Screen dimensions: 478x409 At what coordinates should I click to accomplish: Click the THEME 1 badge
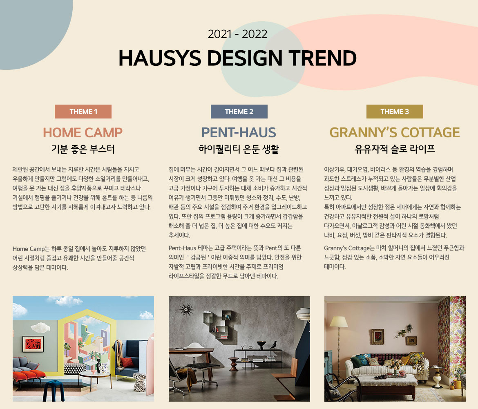tap(83, 112)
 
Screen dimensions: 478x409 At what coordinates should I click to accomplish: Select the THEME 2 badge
tap(239, 112)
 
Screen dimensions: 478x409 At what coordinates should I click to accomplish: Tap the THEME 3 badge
tap(395, 112)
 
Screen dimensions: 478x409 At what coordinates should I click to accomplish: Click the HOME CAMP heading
tap(83, 132)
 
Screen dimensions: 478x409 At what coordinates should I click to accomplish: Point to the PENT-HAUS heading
tap(239, 132)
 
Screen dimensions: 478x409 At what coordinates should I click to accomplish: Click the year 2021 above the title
tap(219, 34)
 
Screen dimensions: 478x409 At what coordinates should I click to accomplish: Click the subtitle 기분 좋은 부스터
tap(83, 149)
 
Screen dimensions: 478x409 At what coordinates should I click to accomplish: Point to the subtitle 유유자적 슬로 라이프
tap(395, 149)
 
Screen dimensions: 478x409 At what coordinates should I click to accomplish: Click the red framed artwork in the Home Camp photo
tap(33, 344)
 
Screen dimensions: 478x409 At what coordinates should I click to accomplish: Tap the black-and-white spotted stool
tap(140, 382)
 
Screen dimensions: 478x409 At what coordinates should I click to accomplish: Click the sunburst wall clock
tap(186, 310)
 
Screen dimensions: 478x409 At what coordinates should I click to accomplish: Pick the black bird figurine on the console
tap(273, 345)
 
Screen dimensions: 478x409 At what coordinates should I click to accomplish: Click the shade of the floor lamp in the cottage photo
tap(339, 322)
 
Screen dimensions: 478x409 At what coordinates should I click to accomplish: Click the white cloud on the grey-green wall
tap(40, 328)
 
